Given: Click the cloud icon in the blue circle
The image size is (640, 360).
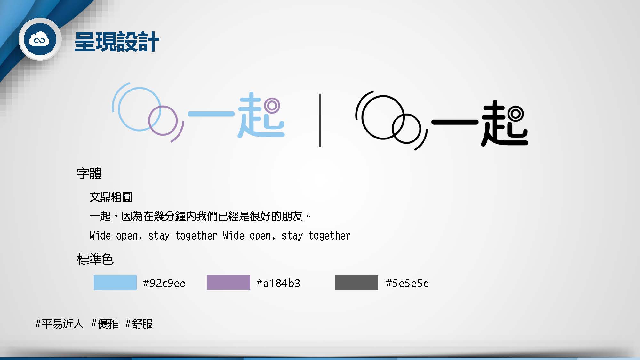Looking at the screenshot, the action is tap(39, 40).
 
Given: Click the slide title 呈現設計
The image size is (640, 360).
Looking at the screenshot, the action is tap(116, 42).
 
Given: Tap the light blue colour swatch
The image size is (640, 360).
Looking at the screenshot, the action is tap(115, 282).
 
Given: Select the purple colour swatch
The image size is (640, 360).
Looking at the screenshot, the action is tap(228, 282).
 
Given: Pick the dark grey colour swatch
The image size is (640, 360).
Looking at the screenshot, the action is tap(357, 283).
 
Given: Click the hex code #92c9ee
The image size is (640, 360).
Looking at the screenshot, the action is tap(164, 283).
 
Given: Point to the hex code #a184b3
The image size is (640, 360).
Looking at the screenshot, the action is tap(278, 283).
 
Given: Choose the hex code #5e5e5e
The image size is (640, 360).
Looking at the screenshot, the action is tap(407, 283).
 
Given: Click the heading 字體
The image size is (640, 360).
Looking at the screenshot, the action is tap(89, 173).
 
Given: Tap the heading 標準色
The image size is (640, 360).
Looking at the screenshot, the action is tap(95, 259).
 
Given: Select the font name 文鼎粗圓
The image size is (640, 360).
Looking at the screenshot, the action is tap(111, 197).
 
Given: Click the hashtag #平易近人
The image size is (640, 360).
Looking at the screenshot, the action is tap(59, 324).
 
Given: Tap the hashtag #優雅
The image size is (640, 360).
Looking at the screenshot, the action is tap(105, 324).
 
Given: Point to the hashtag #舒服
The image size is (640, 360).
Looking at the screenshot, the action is tap(139, 324).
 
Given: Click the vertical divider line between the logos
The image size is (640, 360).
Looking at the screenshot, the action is tap(320, 120).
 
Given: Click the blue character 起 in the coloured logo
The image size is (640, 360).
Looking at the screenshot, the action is tap(260, 115).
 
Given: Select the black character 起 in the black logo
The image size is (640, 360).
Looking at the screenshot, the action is tap(504, 123).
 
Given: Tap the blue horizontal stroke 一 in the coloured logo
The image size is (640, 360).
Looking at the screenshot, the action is tap(211, 114).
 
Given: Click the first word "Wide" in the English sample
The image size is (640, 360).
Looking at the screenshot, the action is tap(100, 236).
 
